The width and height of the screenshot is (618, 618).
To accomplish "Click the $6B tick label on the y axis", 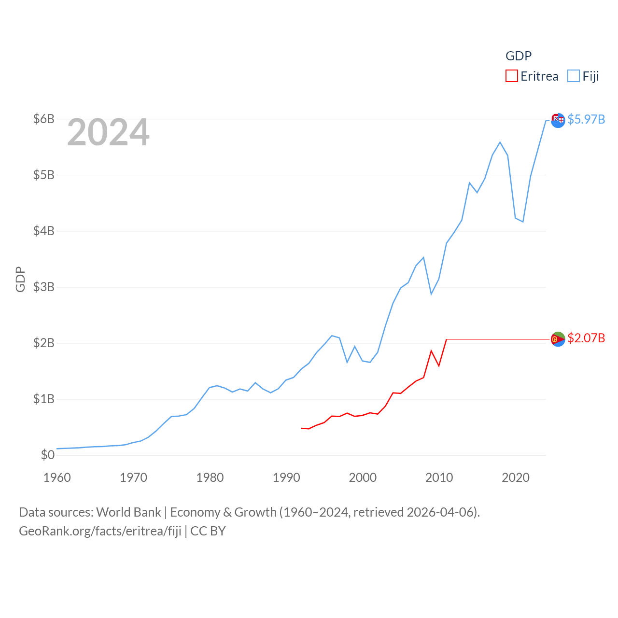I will coord(43,119).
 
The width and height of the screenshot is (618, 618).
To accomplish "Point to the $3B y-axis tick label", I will coord(43,287).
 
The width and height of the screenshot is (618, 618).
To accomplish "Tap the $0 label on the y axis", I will coord(48,455).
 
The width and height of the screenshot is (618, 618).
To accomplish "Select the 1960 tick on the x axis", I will coord(57,478).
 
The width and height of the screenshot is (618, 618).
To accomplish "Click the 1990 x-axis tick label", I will coord(286,478).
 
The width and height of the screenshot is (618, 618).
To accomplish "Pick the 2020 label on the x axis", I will coord(516,478).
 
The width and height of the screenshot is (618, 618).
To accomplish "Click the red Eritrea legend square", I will coord(511,76).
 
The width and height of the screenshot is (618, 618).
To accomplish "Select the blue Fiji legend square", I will coord(573,76).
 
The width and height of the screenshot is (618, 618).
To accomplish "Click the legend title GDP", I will coord(519,56).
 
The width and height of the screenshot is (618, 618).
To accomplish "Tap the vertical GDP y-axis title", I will coord(20,279).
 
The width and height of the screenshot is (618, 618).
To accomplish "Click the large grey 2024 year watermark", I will coord(108,132).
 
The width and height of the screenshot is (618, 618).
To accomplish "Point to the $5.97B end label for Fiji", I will coord(586,119).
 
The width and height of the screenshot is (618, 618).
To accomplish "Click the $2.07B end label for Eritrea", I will coord(586,338).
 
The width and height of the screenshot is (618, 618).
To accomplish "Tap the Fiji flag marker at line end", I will coord(558,121).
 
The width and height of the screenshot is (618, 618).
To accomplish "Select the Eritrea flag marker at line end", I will coord(558,339).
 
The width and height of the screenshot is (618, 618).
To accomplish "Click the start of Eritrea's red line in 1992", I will coord(302,428).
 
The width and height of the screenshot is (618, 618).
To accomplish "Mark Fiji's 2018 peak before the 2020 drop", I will coord(500,142).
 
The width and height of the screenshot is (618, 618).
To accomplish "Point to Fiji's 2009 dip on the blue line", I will coord(431,294).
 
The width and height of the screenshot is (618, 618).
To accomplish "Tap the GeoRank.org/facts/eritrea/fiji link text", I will coord(100,531).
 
